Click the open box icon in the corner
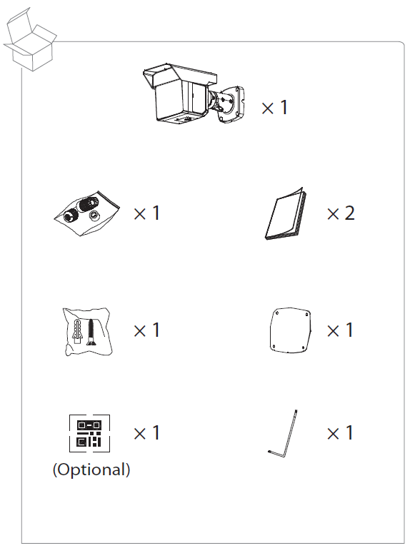tap(29, 40)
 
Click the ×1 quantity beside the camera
tap(274, 108)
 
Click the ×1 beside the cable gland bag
tap(146, 213)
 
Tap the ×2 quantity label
tap(340, 213)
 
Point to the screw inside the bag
tap(91, 332)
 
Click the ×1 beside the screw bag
tap(146, 330)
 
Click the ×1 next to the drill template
tap(340, 330)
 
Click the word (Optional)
tap(91, 470)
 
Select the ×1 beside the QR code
tap(146, 433)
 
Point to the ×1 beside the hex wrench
tap(340, 433)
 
